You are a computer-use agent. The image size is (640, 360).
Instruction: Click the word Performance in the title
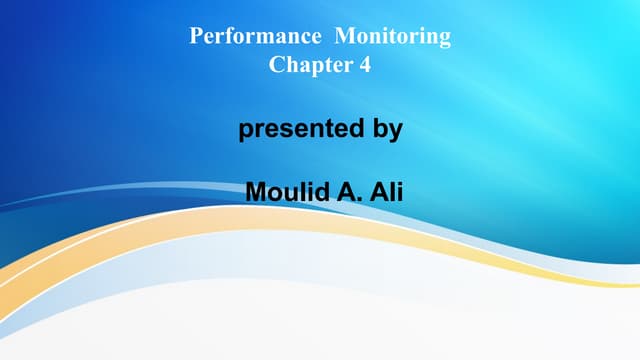click(x=254, y=38)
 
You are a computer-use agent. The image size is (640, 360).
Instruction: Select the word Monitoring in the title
click(x=393, y=38)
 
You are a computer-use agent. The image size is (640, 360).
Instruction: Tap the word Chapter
click(x=303, y=66)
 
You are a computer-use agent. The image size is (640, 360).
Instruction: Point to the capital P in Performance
click(x=196, y=38)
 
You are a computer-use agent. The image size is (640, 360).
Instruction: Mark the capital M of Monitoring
click(x=343, y=38)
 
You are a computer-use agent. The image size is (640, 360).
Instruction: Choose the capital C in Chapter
click(x=277, y=66)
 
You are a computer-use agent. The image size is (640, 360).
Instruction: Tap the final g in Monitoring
click(x=445, y=40)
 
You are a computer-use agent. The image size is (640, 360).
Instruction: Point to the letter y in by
click(x=396, y=132)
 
